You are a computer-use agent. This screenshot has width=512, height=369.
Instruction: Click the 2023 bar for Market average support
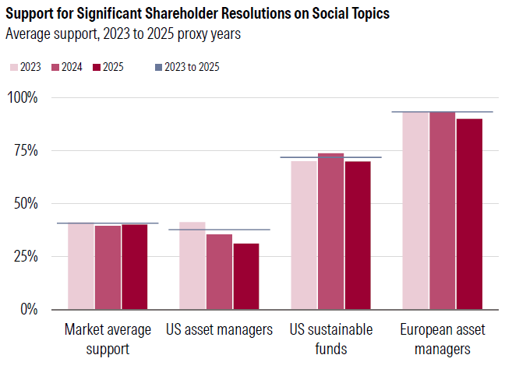click(81, 266)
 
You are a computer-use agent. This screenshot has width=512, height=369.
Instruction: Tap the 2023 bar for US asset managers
click(192, 265)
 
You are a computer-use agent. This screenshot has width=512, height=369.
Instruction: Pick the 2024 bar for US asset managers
click(219, 272)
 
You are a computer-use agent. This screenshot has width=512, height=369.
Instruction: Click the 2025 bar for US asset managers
click(246, 276)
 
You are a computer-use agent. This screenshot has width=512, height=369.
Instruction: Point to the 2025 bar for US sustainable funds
click(358, 235)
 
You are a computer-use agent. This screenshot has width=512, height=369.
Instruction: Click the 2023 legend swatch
click(13, 67)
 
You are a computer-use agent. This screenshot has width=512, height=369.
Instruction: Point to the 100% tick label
click(23, 97)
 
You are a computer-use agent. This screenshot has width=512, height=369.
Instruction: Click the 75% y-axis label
click(26, 150)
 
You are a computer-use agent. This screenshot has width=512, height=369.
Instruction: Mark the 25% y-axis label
click(26, 256)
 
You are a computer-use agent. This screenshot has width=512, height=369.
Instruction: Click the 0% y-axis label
click(29, 309)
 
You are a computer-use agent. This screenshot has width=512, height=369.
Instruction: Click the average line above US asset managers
click(219, 230)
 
